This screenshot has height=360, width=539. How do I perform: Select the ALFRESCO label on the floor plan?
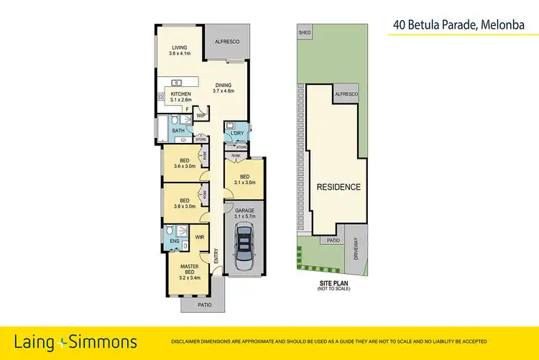click(227, 42)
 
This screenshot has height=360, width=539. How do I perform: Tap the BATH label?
click(178, 131)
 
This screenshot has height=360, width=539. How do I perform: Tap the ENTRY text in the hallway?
click(216, 255)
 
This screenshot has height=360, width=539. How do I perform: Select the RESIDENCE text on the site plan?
click(338, 187)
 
